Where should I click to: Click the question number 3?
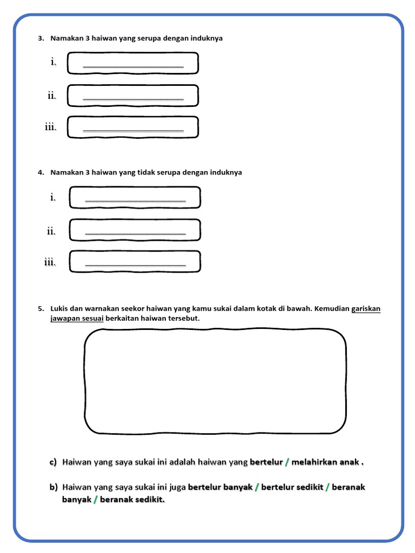[40, 39]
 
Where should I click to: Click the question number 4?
[40, 173]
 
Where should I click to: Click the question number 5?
[40, 309]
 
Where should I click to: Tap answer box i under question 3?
[133, 63]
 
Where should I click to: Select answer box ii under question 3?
[133, 96]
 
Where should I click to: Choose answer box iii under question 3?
[133, 128]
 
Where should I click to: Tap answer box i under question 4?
[135, 198]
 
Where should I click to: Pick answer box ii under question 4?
[135, 231]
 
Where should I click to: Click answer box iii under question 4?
[135, 262]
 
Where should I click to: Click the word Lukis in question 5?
[58, 309]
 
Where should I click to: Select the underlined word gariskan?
[366, 309]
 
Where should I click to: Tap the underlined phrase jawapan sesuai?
[77, 319]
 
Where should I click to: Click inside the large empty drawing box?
[215, 381]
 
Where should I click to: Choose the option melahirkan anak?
[325, 462]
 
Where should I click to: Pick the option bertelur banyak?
[220, 487]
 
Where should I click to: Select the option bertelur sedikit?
[292, 487]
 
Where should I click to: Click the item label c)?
[53, 462]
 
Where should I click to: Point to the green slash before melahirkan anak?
[287, 462]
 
